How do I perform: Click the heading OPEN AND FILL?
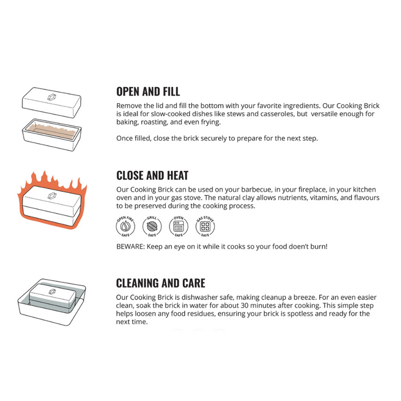click(x=148, y=92)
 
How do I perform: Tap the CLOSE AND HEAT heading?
click(x=152, y=175)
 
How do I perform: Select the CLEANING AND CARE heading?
click(x=160, y=283)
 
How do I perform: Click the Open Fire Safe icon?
click(x=125, y=226)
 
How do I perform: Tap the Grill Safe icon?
click(x=152, y=226)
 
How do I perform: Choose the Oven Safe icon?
click(x=179, y=226)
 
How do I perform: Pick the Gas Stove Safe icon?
click(x=205, y=226)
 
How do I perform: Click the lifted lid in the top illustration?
click(x=52, y=103)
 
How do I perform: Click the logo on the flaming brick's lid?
click(x=52, y=196)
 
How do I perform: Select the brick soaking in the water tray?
click(x=53, y=297)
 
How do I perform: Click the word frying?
click(x=210, y=122)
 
